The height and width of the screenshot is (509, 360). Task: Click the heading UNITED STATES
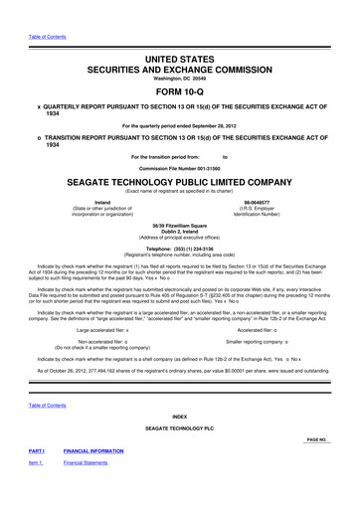180,34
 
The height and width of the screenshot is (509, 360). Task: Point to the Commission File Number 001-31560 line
180,169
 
